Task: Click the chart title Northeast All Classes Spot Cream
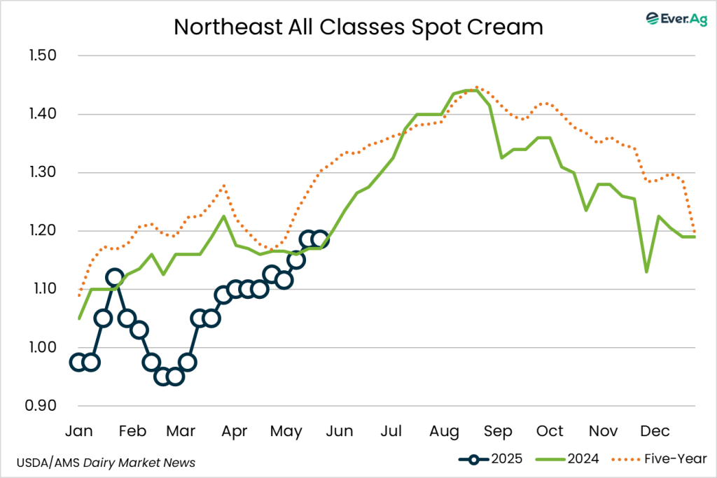pyautogui.click(x=358, y=27)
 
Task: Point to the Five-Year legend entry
pyautogui.click(x=659, y=459)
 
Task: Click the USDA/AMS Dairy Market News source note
pyautogui.click(x=105, y=463)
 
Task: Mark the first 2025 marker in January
pyautogui.click(x=78, y=362)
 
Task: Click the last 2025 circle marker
pyautogui.click(x=321, y=239)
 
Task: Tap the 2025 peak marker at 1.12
pyautogui.click(x=115, y=277)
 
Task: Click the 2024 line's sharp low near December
pyautogui.click(x=646, y=272)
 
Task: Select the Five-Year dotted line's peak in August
pyautogui.click(x=477, y=87)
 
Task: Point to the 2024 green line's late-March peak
pyautogui.click(x=223, y=216)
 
